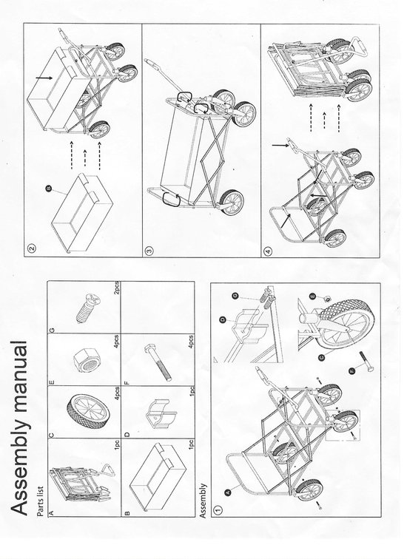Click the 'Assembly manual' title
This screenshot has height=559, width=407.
click(19, 428)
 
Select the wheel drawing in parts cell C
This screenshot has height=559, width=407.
click(88, 407)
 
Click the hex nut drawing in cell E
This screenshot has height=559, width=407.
click(87, 360)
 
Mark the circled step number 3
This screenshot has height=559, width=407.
click(149, 251)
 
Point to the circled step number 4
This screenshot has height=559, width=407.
click(268, 251)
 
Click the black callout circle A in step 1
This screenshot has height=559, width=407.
click(229, 492)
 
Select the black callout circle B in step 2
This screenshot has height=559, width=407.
click(49, 189)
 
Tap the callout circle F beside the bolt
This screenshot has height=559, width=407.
click(352, 371)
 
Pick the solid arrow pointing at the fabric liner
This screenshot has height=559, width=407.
click(44, 77)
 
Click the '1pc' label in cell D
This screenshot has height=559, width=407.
click(192, 392)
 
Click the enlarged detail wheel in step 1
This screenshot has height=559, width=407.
click(346, 325)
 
